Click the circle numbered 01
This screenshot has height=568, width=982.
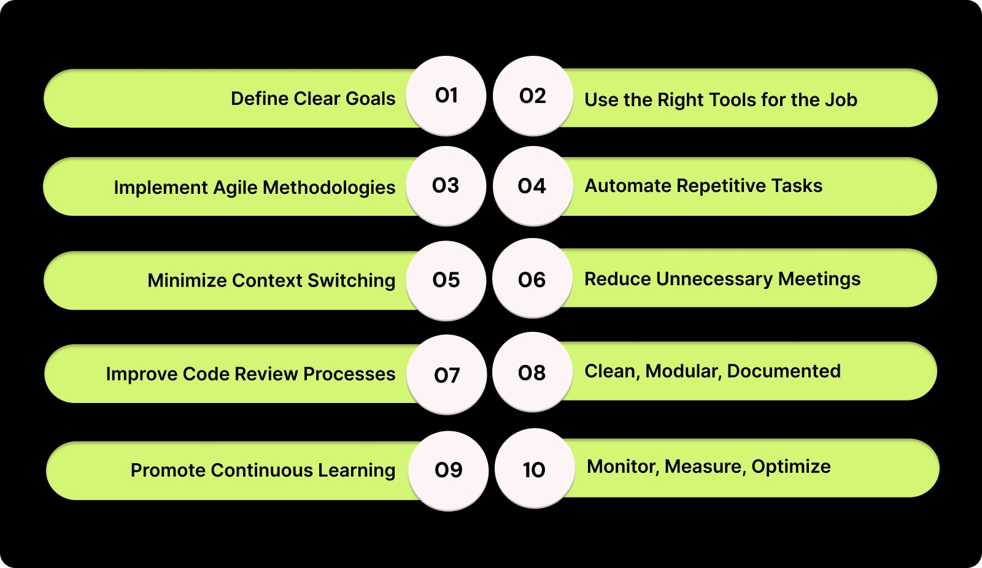coord(446,96)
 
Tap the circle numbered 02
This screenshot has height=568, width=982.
coord(533,96)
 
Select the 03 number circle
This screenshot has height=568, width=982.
coord(446,186)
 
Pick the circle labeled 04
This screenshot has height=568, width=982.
coord(532,186)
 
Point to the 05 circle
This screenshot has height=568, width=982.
coord(446,280)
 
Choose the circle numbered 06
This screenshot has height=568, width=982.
coord(532,280)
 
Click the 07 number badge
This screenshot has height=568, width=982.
coord(447,375)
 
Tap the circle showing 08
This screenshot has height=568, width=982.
coord(532,372)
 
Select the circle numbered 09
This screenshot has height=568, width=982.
coord(448,470)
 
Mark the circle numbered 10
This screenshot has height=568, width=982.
coord(534,470)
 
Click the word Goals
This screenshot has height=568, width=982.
coord(370,99)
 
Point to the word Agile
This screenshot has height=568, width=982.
coord(236,188)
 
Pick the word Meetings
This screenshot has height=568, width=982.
coord(819,280)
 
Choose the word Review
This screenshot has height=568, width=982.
coord(266,374)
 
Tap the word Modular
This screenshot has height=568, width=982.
coord(683,372)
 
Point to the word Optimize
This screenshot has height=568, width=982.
coord(791,467)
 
